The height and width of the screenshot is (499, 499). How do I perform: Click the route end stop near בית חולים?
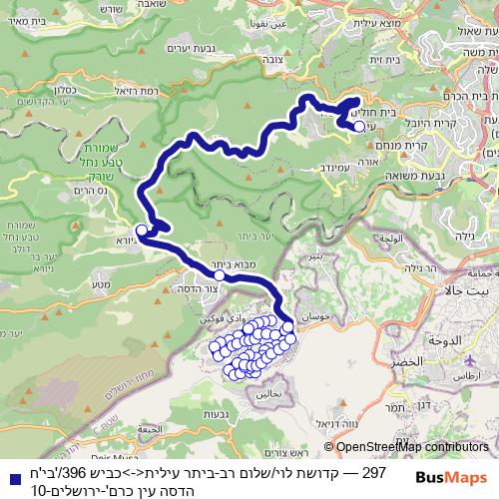click(358, 127)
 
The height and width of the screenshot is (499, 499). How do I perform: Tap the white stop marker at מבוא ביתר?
click(218, 275)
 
